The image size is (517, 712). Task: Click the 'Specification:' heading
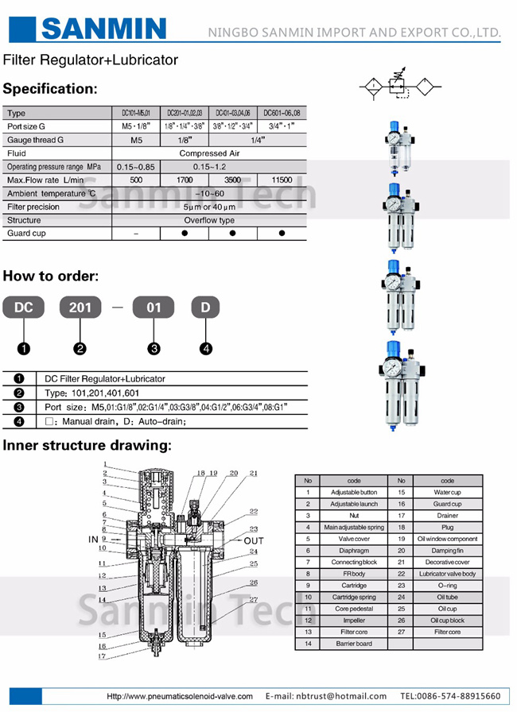click(x=49, y=88)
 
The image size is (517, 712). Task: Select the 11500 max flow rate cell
click(x=282, y=180)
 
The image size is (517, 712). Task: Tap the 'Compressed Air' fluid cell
click(x=209, y=153)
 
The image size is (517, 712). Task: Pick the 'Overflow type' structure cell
click(x=209, y=220)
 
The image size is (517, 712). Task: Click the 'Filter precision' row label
click(x=33, y=207)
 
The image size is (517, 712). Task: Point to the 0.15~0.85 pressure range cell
click(x=136, y=167)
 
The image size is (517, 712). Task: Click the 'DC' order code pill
click(x=24, y=307)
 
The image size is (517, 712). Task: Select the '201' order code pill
click(x=80, y=307)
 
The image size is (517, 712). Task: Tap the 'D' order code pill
click(x=205, y=307)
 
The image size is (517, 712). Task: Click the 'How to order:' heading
click(x=50, y=277)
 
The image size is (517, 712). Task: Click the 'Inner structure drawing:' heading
click(x=87, y=445)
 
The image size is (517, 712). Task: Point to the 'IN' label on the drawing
click(x=93, y=539)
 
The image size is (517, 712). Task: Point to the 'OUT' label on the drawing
click(x=254, y=540)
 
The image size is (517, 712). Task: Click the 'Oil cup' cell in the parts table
click(x=447, y=609)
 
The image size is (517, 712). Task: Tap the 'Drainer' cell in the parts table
click(x=447, y=515)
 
